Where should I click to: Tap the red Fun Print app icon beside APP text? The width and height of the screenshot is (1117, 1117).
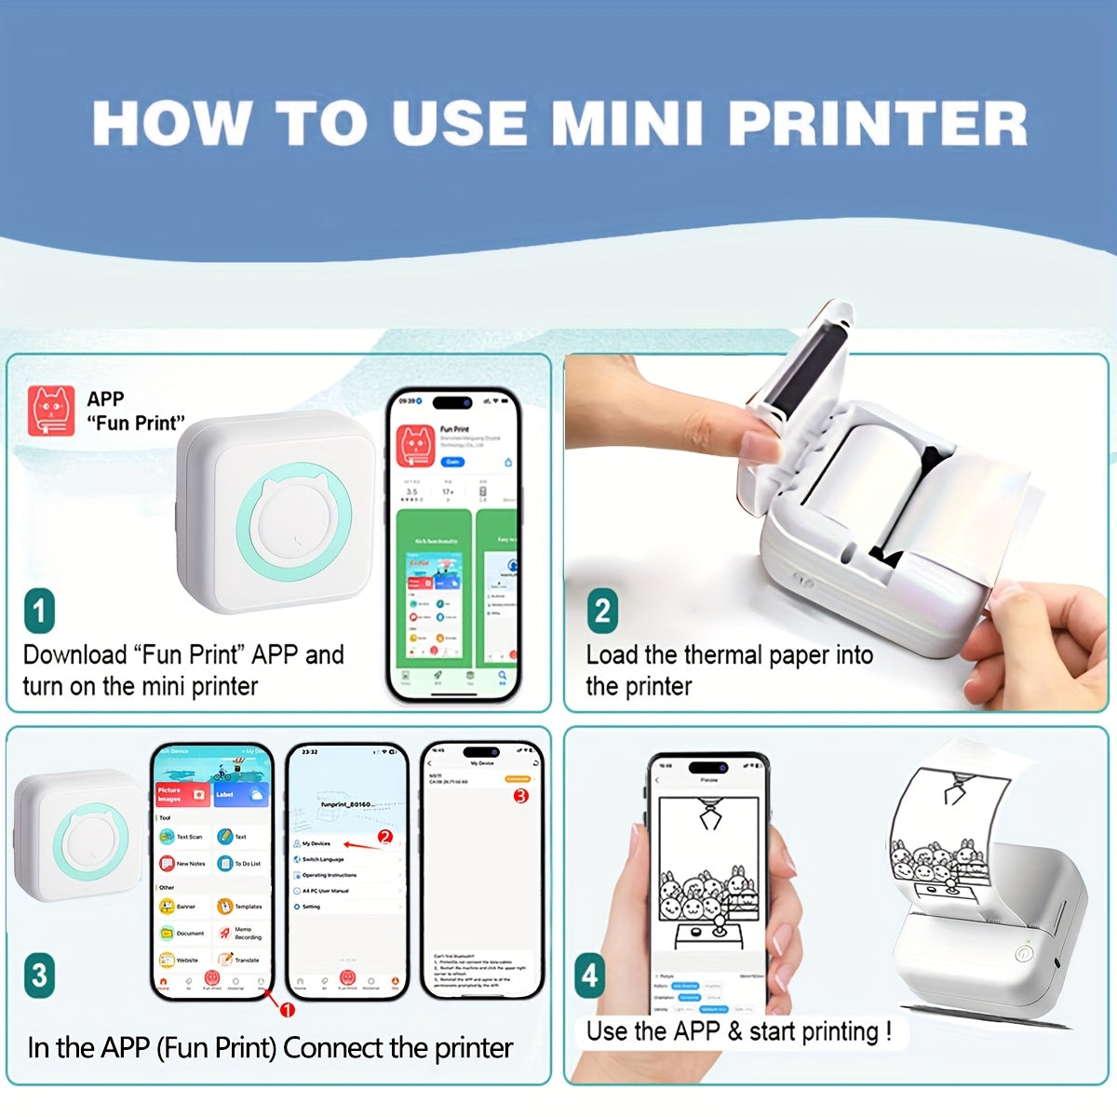point(51,411)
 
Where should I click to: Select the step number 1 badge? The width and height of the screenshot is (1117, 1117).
point(39,612)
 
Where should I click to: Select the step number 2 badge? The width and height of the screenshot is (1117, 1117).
point(602,612)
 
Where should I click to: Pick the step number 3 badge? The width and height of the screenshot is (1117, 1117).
point(39,975)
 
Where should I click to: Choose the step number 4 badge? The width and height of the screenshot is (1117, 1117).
point(589,975)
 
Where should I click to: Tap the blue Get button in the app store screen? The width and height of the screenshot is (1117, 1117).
point(452,462)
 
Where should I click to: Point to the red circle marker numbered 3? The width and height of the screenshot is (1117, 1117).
point(520,796)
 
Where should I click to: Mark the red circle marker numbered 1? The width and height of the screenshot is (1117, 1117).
point(288,1010)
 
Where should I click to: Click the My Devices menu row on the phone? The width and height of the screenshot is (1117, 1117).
point(316,843)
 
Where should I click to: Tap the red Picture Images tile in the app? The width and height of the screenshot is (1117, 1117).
point(183,794)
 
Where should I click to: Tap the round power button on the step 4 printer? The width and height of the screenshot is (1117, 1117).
point(1024,954)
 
